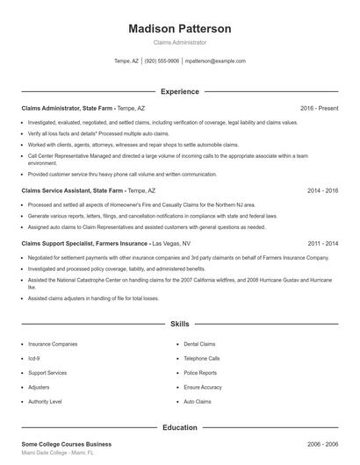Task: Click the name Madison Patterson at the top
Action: pos(180,29)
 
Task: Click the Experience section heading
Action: pos(180,91)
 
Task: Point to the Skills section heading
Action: pos(180,324)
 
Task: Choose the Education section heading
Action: pos(180,427)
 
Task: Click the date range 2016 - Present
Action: pos(319,108)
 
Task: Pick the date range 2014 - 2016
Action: pos(321,190)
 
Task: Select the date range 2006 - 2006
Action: pos(321,445)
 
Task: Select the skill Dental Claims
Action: pos(198,344)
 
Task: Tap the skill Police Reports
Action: pos(200,372)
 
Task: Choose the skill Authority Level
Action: pos(45,401)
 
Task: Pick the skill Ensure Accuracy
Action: pos(203,387)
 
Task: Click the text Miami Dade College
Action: pos(44,454)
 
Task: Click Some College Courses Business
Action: pos(67,445)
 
